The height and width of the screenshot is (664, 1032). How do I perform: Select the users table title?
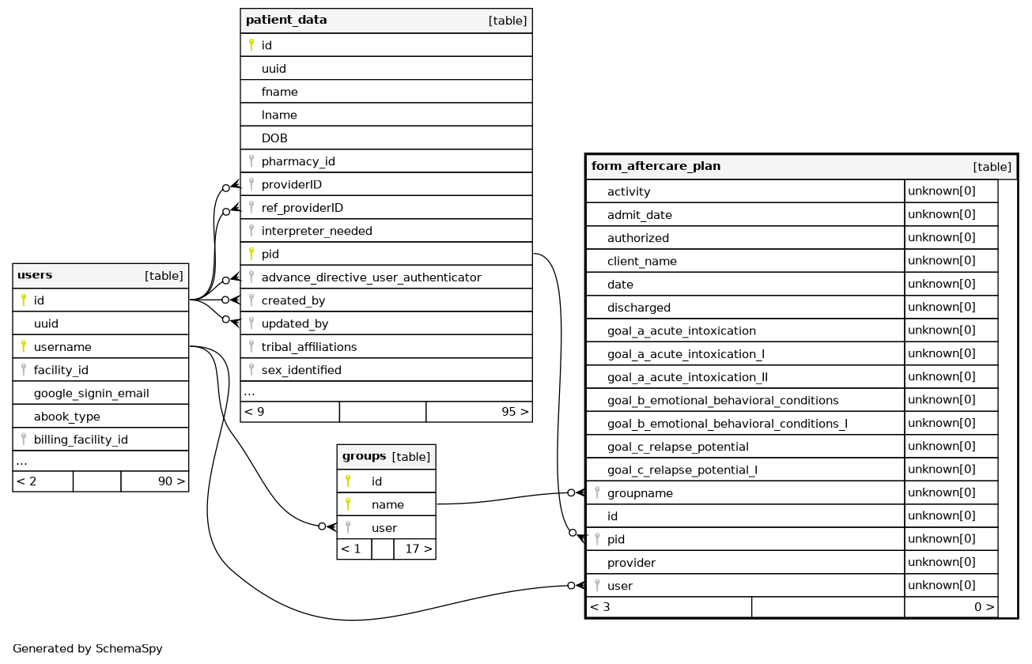tap(35, 276)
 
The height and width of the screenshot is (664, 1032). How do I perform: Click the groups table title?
tap(364, 456)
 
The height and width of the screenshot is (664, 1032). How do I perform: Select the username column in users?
tap(62, 347)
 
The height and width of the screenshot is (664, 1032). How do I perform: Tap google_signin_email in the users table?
tap(91, 393)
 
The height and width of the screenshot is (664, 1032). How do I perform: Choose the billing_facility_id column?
tap(81, 440)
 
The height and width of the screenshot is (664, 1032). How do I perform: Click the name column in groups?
tap(387, 504)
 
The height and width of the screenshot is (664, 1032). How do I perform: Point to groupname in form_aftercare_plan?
tap(640, 493)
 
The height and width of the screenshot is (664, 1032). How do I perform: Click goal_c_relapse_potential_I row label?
tap(682, 470)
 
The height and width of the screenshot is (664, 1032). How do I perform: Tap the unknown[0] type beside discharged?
tap(941, 307)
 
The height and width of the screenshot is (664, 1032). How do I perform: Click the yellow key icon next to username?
tap(23, 346)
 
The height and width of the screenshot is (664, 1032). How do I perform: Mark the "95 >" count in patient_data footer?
tap(515, 412)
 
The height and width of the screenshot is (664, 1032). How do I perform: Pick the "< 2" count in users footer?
tap(27, 481)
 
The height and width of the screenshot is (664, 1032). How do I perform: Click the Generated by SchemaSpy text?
tap(88, 649)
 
